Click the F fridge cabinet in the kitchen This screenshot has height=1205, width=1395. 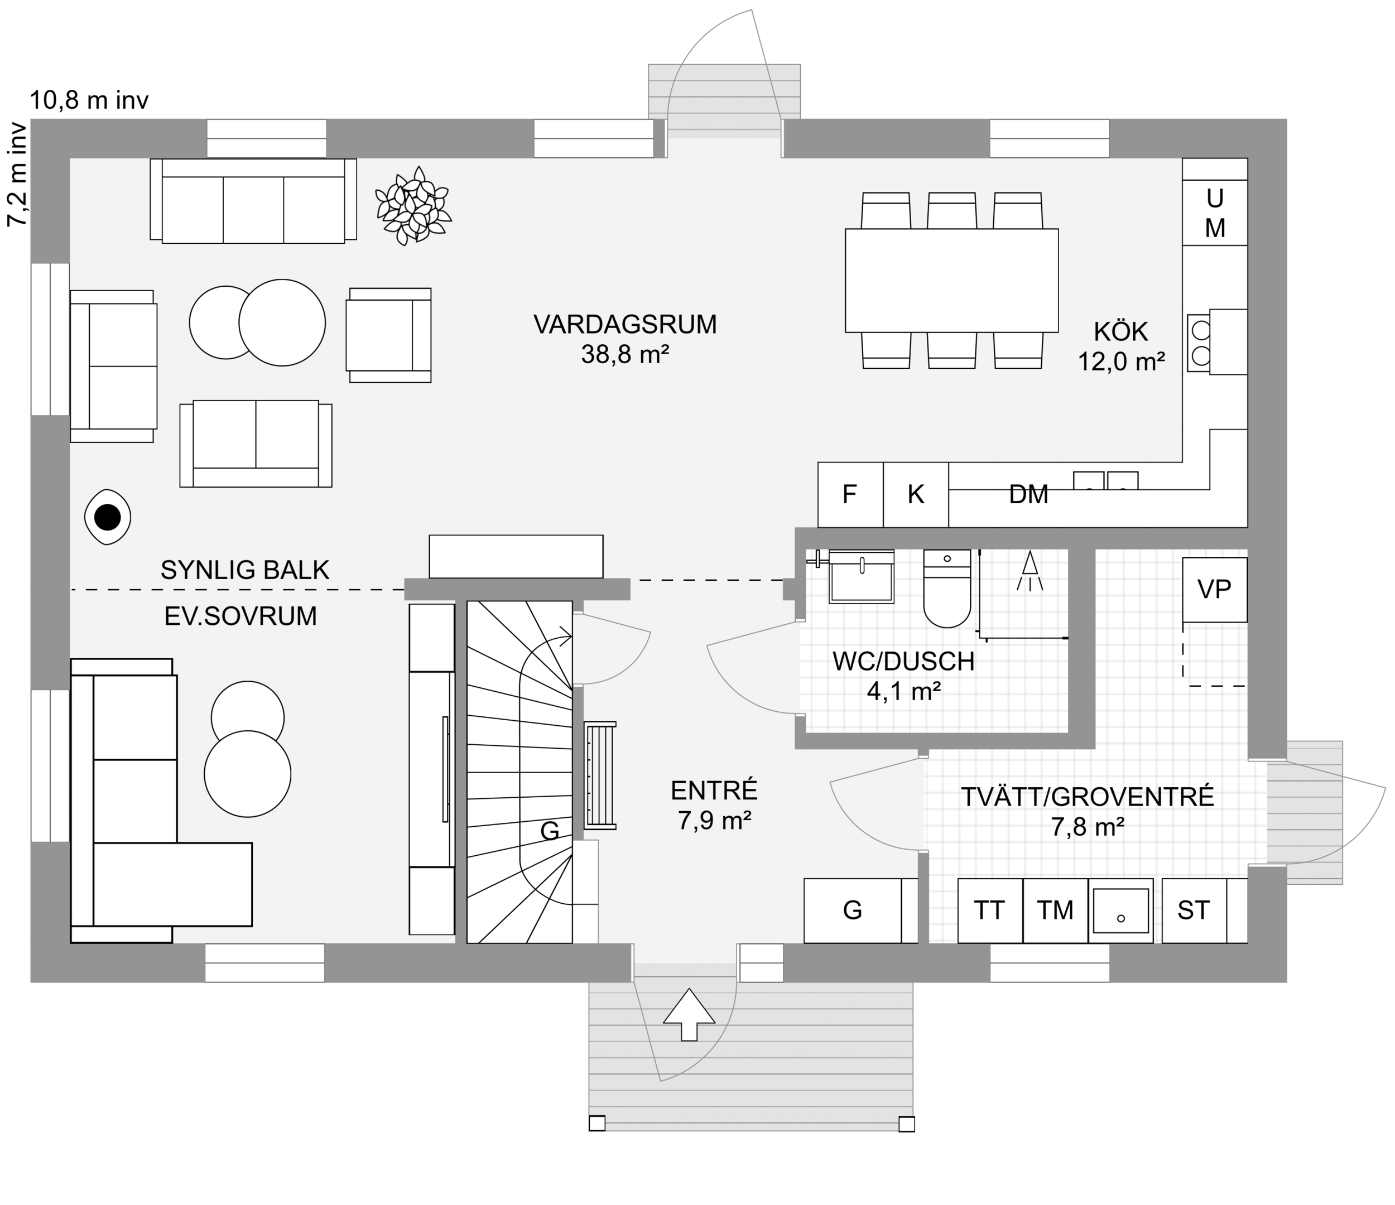[850, 495]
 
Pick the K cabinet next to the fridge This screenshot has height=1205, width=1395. [915, 495]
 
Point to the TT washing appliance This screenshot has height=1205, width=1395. [989, 910]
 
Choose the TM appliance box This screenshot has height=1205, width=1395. [1054, 910]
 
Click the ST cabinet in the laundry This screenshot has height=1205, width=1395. [1194, 910]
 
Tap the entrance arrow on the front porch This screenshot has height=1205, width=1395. [689, 1014]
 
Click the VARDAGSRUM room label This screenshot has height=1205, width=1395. [625, 325]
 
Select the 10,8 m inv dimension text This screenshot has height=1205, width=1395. [89, 100]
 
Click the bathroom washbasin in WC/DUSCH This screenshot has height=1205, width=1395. [861, 577]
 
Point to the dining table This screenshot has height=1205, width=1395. [951, 280]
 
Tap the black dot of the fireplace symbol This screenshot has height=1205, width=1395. [107, 518]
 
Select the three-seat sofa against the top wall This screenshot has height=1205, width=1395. [253, 201]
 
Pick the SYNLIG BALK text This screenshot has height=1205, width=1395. [244, 570]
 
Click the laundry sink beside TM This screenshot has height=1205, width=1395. [1120, 910]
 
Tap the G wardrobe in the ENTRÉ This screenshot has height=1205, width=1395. [853, 910]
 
